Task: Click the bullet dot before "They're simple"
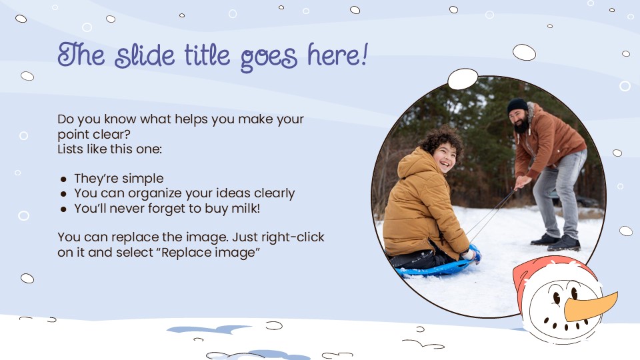(x=63, y=179)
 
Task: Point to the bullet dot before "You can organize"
(x=63, y=194)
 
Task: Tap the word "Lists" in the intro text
(x=71, y=149)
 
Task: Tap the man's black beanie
(x=517, y=105)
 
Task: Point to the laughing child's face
(x=445, y=157)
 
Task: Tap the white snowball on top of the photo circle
(x=463, y=79)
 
